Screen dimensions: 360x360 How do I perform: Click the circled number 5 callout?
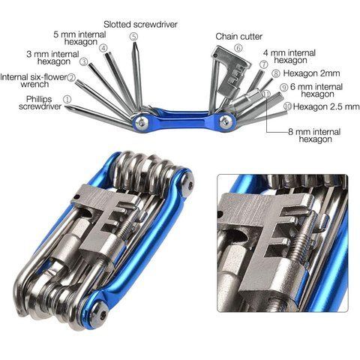click(133, 37)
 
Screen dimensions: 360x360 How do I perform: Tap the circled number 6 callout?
click(238, 48)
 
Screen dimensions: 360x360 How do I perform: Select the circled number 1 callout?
click(67, 99)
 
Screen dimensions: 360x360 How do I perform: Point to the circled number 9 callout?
click(284, 88)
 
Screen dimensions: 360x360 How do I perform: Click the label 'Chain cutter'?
click(239, 37)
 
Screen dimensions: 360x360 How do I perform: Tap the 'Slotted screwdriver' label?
click(140, 25)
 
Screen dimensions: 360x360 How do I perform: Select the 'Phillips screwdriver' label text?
click(40, 103)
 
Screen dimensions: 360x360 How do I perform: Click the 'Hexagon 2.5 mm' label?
click(326, 106)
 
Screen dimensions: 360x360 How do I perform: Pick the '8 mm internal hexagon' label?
click(315, 135)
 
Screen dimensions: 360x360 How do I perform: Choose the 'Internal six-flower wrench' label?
click(34, 80)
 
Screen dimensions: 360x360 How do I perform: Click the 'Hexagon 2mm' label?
click(311, 73)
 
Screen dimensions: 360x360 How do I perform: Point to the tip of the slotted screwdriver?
click(133, 43)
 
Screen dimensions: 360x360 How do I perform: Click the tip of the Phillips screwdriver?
click(66, 106)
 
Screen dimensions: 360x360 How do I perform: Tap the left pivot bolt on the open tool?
click(142, 121)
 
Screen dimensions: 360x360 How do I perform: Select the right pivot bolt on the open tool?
click(226, 121)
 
